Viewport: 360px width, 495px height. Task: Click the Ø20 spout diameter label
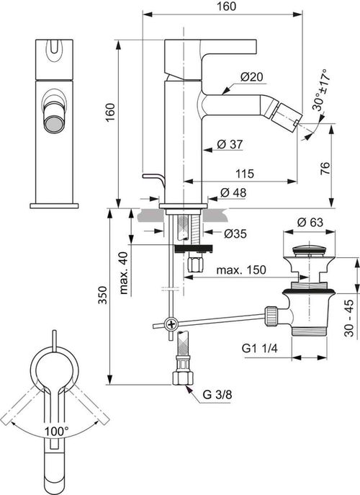pos(251,76)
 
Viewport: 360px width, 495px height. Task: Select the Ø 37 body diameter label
pos(230,144)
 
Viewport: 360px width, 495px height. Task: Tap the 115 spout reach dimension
pos(245,174)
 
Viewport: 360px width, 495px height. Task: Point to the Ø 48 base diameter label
pos(233,192)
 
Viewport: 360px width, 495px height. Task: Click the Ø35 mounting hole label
pos(235,233)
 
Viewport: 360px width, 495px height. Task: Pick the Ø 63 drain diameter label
pos(310,222)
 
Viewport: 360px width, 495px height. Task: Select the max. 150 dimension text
pos(241,270)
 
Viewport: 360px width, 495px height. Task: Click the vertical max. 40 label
pos(124,273)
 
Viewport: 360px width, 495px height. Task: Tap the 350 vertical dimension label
pos(102,295)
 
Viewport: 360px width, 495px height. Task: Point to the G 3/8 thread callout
pos(217,394)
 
